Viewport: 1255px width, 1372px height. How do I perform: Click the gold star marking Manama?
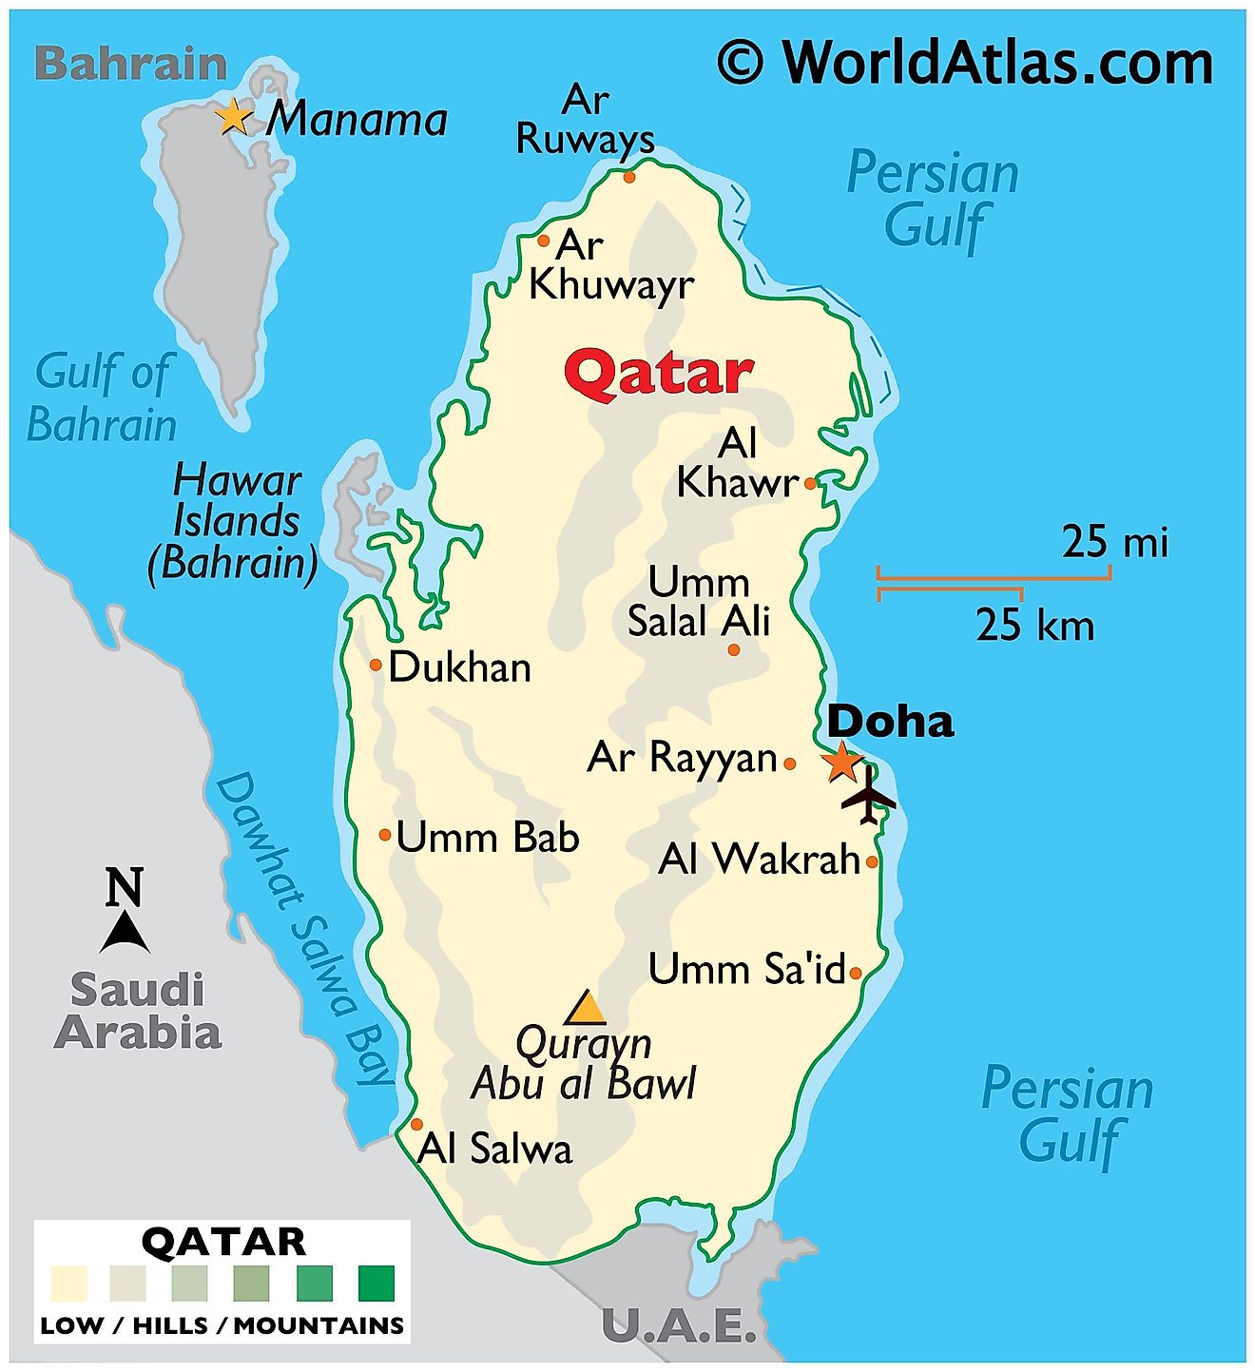coord(234,118)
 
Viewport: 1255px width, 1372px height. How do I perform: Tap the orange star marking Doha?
coord(841,762)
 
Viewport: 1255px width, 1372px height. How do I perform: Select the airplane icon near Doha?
coord(868,795)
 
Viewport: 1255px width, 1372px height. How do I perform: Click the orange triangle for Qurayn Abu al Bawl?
coord(586,1008)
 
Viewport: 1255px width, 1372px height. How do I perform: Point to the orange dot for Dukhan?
coord(376,665)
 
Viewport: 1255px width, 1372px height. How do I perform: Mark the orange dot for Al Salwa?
coord(416,1124)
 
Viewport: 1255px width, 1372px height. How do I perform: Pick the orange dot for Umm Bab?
coord(385,835)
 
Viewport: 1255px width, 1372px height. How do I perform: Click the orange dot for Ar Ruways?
coord(628,177)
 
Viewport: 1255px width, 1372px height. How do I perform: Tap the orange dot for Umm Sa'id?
coord(856,973)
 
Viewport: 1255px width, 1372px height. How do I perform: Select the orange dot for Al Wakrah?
coord(872,862)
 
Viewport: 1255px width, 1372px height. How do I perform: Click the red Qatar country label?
coord(659,374)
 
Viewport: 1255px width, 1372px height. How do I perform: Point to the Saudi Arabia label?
coord(138,1011)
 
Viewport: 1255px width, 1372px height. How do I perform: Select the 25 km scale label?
coord(1034,626)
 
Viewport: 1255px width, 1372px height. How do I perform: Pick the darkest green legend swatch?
coord(376,1284)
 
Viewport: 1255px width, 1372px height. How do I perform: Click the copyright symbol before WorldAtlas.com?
coord(740,63)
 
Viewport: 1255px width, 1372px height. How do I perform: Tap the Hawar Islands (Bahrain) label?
coord(234,522)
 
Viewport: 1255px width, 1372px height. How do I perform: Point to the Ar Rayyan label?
coord(683,758)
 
